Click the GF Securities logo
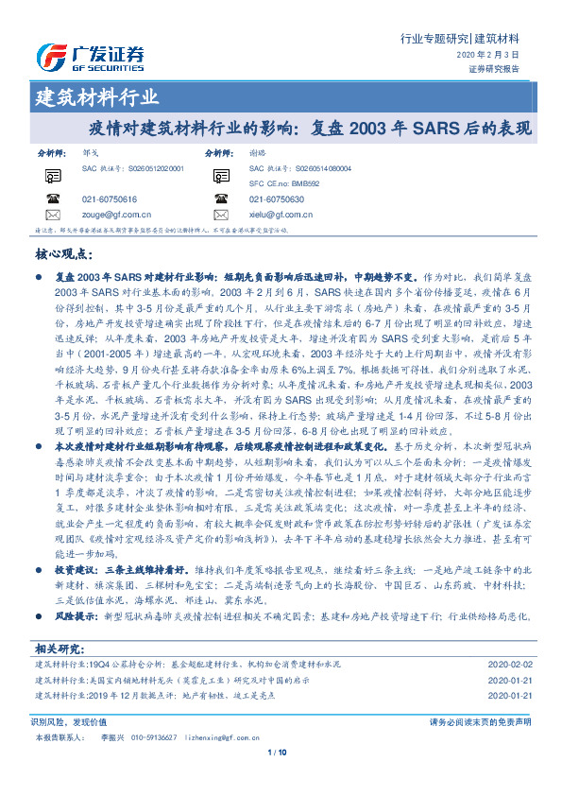tap(90, 58)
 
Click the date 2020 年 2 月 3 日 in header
tap(495, 56)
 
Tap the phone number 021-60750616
tap(110, 199)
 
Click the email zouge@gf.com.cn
tap(117, 215)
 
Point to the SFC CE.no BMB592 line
tap(283, 182)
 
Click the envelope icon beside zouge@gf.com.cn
tap(53, 215)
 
